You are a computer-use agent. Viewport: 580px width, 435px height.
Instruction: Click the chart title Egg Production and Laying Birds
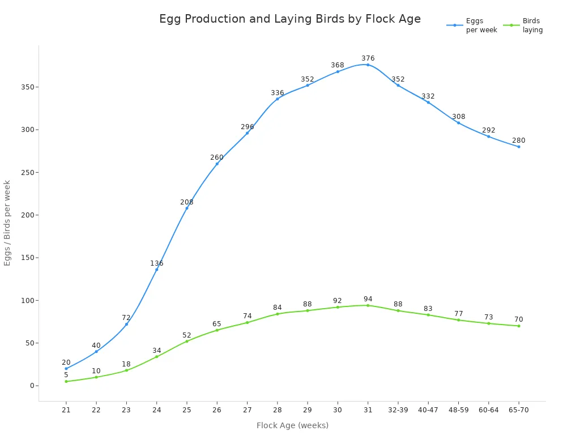[289, 19]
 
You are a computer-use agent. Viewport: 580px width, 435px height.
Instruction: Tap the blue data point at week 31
[368, 65]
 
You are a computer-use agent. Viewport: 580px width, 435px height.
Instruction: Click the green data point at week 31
[368, 305]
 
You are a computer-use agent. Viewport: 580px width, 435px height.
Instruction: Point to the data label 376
[368, 58]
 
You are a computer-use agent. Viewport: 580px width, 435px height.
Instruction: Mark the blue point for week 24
[156, 269]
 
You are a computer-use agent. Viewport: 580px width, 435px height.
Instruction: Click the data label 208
[186, 202]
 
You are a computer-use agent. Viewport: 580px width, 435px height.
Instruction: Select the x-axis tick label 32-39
[398, 410]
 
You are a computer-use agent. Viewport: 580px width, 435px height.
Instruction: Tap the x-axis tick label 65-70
[518, 410]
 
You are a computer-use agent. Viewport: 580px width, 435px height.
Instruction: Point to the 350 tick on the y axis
[27, 87]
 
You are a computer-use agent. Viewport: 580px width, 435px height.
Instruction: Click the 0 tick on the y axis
[32, 386]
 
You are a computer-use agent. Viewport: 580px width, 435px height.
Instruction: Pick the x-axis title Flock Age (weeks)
[292, 425]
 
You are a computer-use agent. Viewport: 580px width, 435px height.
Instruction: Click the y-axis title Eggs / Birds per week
[7, 223]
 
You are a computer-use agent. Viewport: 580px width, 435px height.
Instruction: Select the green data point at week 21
[66, 381]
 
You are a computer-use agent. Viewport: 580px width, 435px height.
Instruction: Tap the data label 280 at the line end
[518, 140]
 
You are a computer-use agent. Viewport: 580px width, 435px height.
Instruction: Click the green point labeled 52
[186, 341]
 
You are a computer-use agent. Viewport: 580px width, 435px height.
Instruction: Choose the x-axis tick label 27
[247, 410]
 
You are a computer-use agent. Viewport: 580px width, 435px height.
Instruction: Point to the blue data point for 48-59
[458, 123]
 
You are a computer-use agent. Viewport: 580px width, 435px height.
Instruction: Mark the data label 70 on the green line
[518, 319]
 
